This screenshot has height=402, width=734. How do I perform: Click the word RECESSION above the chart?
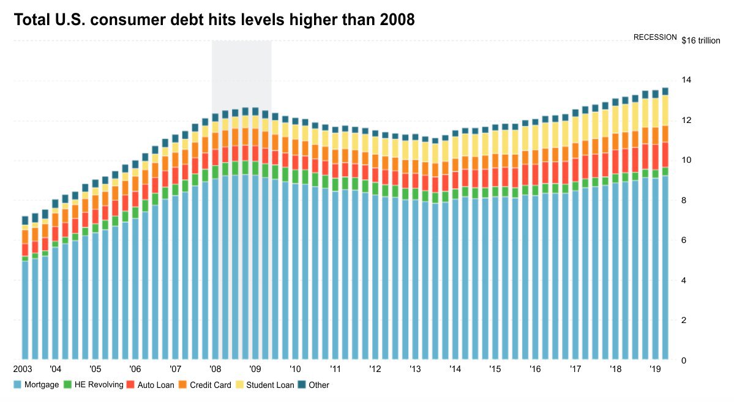(x=655, y=37)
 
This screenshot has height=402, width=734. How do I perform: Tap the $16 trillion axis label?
(x=701, y=41)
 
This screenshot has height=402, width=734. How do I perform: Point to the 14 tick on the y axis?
(x=687, y=80)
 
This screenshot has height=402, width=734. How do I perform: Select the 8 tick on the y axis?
(x=685, y=201)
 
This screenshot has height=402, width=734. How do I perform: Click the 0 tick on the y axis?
(x=685, y=360)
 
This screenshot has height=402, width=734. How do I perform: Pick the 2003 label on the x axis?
(x=23, y=370)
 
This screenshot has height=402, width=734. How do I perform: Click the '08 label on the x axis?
(x=215, y=370)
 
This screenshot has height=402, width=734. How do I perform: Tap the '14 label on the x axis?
(x=455, y=370)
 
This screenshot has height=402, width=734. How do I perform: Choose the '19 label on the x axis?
(x=655, y=370)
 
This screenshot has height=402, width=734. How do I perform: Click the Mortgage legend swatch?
(x=17, y=385)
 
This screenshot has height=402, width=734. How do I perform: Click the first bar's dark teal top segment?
(x=25, y=220)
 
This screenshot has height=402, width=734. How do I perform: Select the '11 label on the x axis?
(x=335, y=370)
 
